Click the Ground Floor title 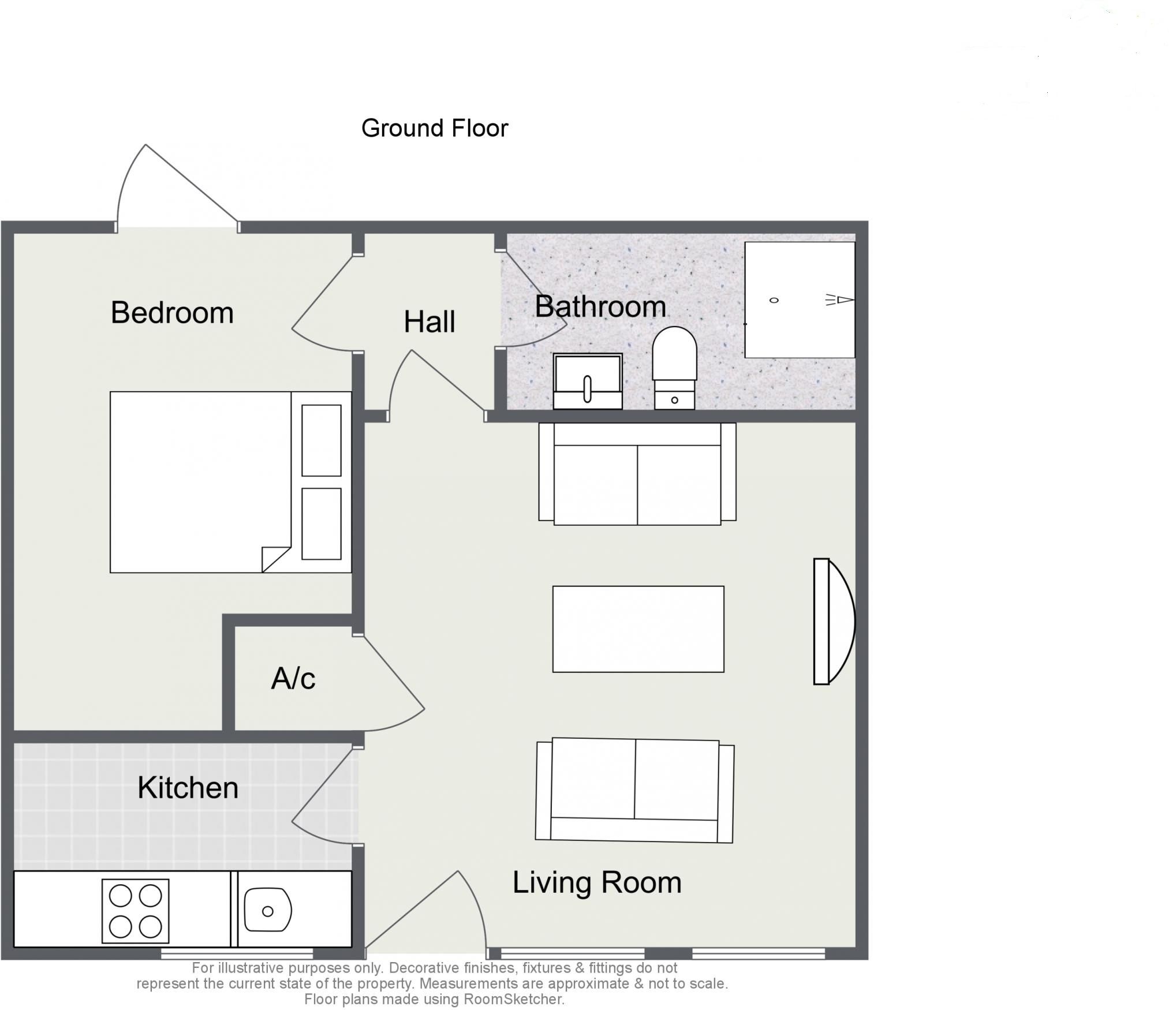(434, 128)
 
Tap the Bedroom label (172, 313)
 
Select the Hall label (429, 322)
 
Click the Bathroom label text (600, 306)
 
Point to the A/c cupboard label (293, 679)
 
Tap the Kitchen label (188, 788)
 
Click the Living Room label (597, 882)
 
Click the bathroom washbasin (587, 380)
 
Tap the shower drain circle (774, 300)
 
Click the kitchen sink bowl (267, 911)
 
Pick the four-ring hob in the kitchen (135, 911)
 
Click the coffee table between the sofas (638, 629)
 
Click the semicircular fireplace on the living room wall (833, 622)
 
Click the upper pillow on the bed (322, 440)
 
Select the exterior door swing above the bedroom (173, 188)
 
